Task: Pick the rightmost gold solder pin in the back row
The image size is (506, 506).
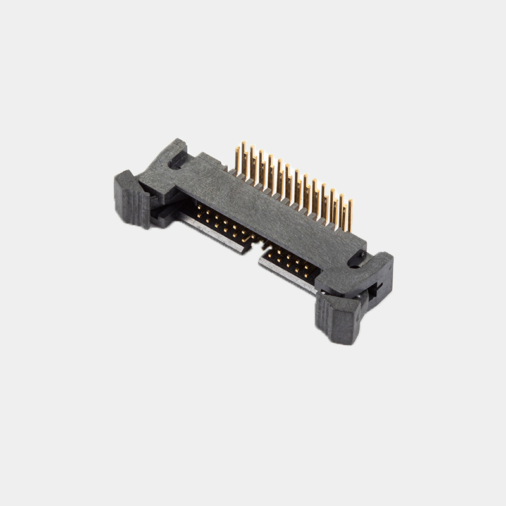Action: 350,215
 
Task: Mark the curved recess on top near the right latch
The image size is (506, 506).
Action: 358,258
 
